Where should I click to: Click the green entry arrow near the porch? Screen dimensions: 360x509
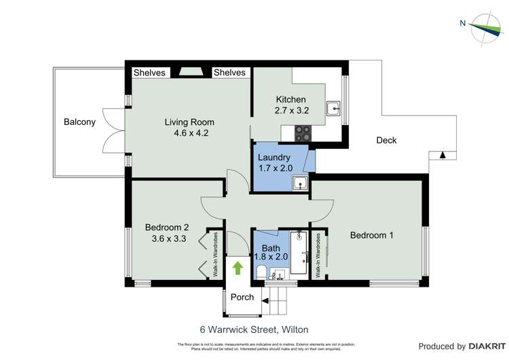[x=238, y=268]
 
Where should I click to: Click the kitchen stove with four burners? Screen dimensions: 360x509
[x=303, y=134]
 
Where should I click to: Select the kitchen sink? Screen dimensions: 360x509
[x=333, y=109]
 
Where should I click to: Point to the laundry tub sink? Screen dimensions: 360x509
[x=299, y=181]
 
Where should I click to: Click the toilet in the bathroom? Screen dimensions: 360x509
[x=261, y=272]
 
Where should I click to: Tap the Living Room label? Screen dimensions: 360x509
[x=186, y=122]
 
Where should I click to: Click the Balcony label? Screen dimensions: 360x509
[x=79, y=122]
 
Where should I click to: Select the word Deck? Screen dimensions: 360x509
[x=386, y=141]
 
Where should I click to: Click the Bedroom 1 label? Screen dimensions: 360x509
[x=371, y=235]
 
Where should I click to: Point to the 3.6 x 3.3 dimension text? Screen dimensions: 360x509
[x=167, y=238]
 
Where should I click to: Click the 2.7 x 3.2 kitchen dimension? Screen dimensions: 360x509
[x=292, y=110]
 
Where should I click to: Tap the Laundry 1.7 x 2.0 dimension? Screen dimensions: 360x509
[x=274, y=168]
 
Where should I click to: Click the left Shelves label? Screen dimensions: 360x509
[x=149, y=73]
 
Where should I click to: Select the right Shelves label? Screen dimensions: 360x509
[x=229, y=73]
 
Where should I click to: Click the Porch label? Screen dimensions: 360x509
[x=242, y=297]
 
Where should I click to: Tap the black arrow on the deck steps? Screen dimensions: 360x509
[x=442, y=155]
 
